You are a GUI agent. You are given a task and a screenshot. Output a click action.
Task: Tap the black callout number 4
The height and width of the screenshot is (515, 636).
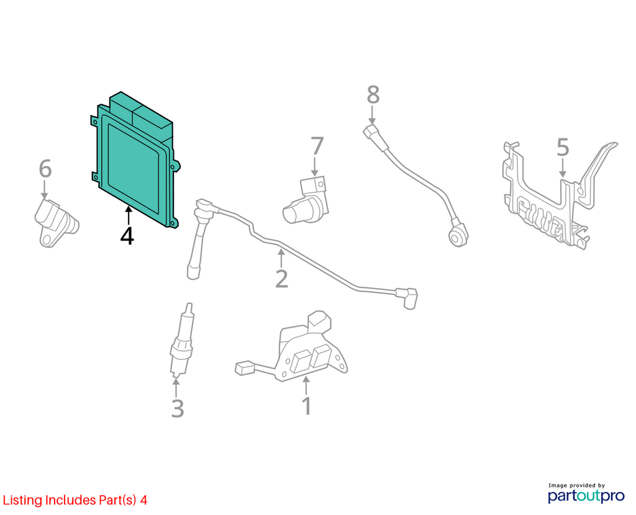point(127,236)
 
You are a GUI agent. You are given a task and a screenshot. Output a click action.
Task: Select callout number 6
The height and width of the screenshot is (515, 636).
point(45,168)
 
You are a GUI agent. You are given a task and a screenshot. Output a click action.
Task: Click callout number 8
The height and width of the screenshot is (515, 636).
point(373,95)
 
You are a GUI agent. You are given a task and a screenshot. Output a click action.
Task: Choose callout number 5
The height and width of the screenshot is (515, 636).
point(563,147)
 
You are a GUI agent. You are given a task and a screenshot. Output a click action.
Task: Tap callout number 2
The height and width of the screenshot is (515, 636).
point(281,279)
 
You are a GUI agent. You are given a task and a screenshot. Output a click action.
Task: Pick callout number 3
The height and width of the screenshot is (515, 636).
point(177,408)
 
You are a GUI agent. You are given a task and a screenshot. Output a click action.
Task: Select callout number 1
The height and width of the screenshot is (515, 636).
point(307,406)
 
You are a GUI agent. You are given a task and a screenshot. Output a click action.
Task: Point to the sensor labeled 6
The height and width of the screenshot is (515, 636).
point(55,222)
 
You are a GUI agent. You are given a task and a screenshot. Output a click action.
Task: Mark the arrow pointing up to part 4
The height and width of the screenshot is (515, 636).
point(128,215)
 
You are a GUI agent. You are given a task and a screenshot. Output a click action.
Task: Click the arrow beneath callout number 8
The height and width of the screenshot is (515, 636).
point(372,114)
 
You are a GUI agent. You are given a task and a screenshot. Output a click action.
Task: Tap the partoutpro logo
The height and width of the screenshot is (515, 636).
point(586,493)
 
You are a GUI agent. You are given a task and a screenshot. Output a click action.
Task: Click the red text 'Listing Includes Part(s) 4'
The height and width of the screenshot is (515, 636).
point(75,500)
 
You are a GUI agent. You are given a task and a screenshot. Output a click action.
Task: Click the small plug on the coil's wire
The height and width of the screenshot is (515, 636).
point(244,369)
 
